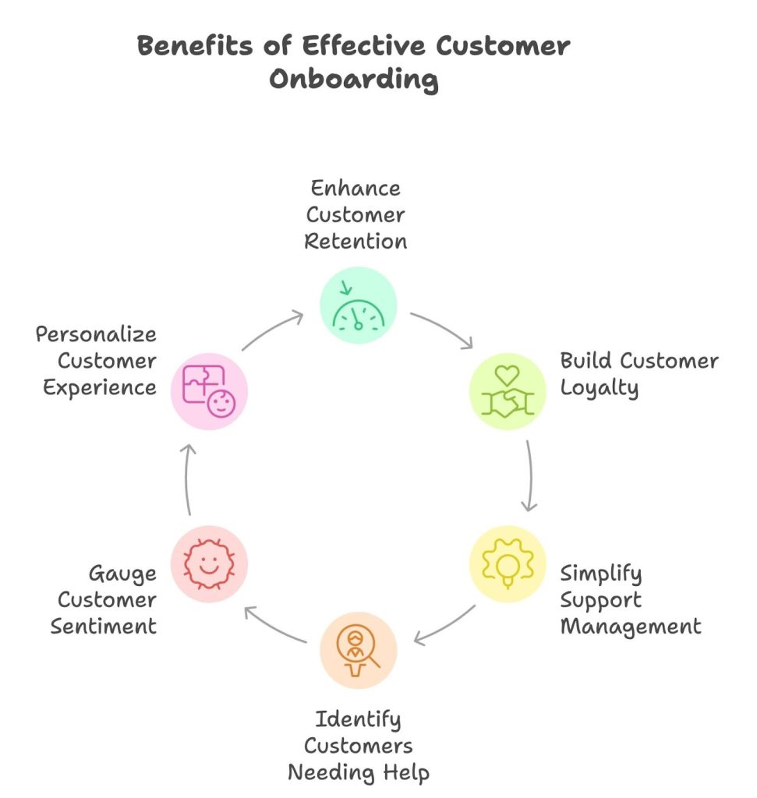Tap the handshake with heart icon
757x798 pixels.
507,391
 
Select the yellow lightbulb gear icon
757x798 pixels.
507,563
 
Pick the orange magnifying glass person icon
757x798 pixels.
359,649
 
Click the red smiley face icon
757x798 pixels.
209,563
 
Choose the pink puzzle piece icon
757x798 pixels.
209,391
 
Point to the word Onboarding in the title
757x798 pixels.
354,80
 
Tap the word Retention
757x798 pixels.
356,241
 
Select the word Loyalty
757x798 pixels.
599,388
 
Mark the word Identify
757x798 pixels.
359,719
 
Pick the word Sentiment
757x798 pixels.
104,626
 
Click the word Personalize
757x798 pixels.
96,334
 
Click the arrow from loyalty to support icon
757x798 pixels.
530,476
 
